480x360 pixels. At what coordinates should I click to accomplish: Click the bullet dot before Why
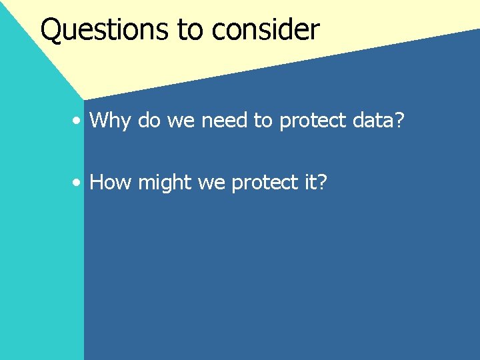pos(78,121)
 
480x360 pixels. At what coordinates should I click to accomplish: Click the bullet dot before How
pos(78,183)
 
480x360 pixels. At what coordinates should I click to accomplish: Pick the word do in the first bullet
pos(149,120)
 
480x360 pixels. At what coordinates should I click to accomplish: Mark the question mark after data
pos(399,120)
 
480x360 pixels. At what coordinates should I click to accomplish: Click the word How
pos(111,182)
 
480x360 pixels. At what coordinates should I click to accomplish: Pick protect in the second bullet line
pos(264,183)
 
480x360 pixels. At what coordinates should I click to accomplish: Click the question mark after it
pos(323,181)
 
